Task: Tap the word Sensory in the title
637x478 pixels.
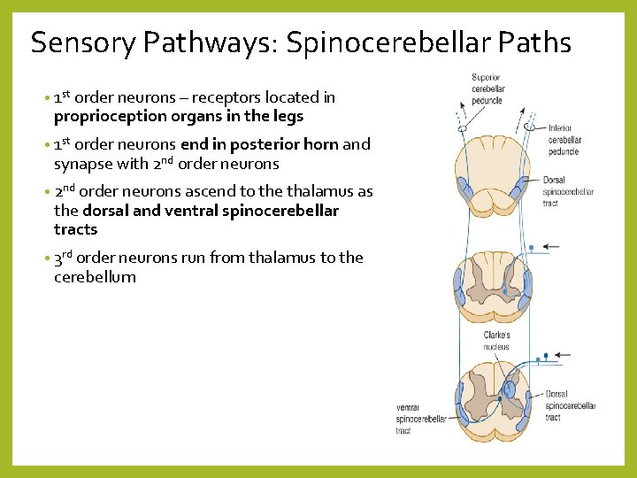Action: pos(82,42)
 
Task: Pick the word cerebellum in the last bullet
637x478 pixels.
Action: pos(95,277)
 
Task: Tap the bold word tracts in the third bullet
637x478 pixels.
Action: pos(75,229)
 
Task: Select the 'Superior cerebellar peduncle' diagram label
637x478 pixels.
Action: pos(487,89)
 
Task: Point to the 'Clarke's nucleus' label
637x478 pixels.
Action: pos(496,342)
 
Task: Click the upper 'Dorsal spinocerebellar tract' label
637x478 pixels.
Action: pos(567,192)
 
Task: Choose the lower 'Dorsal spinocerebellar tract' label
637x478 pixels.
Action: pos(569,405)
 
